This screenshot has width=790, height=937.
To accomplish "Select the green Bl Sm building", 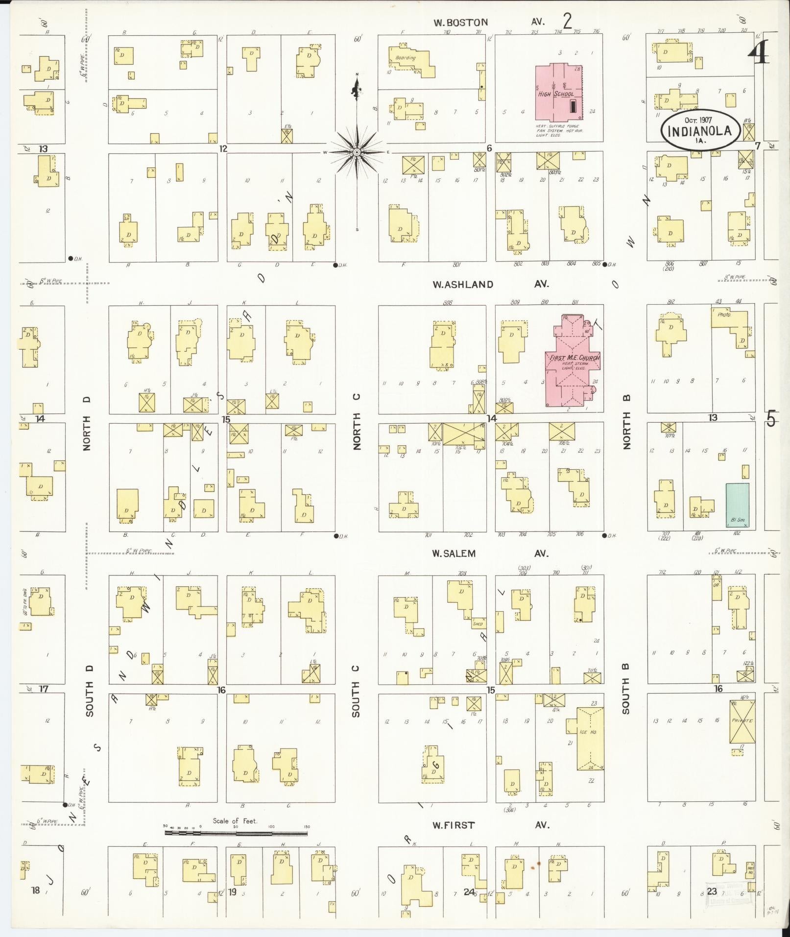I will point(737,505).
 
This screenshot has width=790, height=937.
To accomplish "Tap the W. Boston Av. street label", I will point(490,22).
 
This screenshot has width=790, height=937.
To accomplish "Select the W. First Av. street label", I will point(490,825).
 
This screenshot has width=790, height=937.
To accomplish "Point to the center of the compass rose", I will point(357,152).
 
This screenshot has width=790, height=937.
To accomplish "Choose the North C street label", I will point(356,422).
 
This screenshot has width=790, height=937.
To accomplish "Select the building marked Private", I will point(742,721).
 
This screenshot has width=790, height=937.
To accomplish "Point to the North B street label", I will point(626,422).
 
